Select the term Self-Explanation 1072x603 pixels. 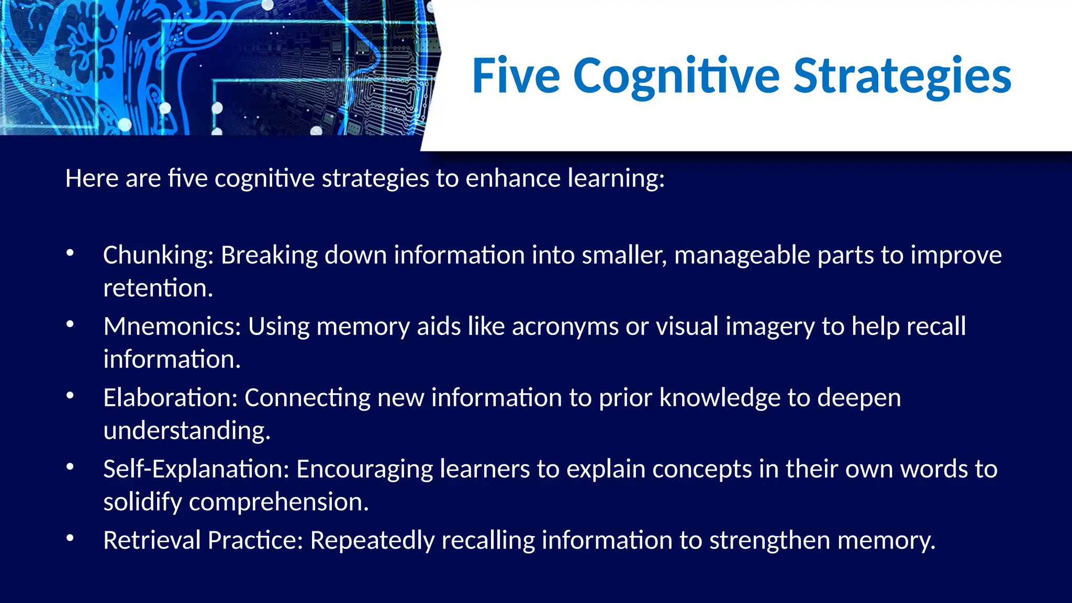coord(196,469)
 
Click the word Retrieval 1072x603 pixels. coord(152,540)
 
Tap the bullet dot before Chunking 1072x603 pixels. coord(70,253)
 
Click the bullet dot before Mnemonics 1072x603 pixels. coord(70,325)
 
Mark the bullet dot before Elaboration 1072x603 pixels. coord(70,396)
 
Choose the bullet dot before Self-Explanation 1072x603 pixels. coord(70,467)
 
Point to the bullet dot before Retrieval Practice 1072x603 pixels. coord(70,538)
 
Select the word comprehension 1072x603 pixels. coord(278,502)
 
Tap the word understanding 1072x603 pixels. coord(187,431)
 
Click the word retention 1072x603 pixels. coord(158,288)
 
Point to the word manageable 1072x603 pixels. coord(742,256)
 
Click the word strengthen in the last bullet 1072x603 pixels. coord(769,540)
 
